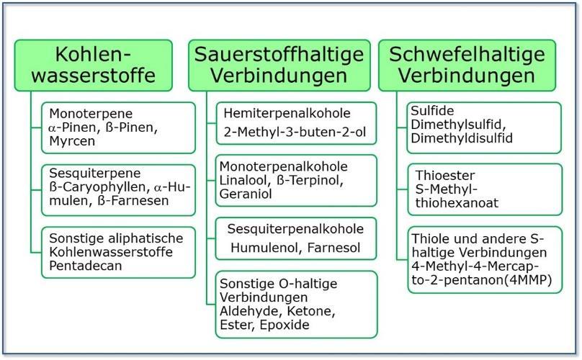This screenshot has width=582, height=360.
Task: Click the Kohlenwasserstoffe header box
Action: tap(94, 65)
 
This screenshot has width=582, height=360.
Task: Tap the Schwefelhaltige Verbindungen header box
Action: tap(467, 65)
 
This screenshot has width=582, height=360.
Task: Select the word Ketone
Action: tap(316, 311)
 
